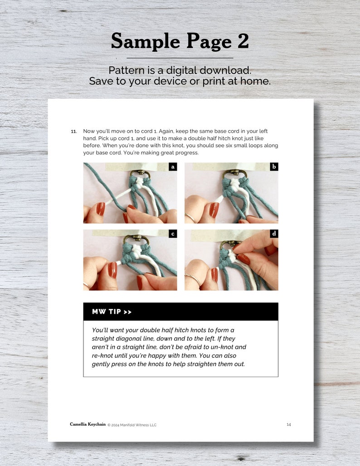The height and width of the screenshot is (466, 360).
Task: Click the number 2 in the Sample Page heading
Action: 243,41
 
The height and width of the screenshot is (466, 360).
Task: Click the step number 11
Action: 74,131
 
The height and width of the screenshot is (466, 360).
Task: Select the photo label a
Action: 173,167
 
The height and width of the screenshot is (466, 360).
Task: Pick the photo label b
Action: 274,167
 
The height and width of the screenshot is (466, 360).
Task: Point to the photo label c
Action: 173,234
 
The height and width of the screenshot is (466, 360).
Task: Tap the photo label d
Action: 274,234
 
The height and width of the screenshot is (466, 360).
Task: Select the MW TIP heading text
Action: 106,312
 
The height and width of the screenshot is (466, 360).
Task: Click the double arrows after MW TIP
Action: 127,312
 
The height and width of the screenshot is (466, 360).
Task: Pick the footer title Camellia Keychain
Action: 88,424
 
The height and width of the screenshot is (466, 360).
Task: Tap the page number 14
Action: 289,424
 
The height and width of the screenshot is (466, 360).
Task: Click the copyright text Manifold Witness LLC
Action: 138,425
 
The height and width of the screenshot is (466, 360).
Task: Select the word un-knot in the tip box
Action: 222,347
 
